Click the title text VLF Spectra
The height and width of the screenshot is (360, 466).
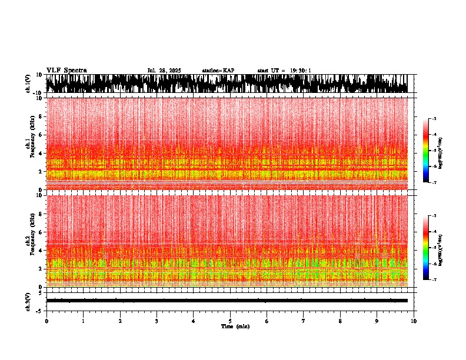click(66, 71)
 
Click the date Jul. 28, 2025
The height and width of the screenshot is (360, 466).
click(164, 71)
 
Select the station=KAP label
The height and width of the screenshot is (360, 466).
click(218, 71)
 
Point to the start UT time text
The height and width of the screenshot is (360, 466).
click(284, 71)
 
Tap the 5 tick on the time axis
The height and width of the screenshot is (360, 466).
click(230, 321)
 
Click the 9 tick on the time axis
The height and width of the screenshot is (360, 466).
click(377, 321)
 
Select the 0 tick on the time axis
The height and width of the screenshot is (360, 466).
click(46, 321)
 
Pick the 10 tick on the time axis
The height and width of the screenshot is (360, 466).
click(414, 321)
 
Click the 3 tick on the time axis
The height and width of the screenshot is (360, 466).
click(157, 321)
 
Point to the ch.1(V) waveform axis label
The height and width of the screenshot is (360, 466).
click(28, 84)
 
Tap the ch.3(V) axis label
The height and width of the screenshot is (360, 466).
click(28, 301)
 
